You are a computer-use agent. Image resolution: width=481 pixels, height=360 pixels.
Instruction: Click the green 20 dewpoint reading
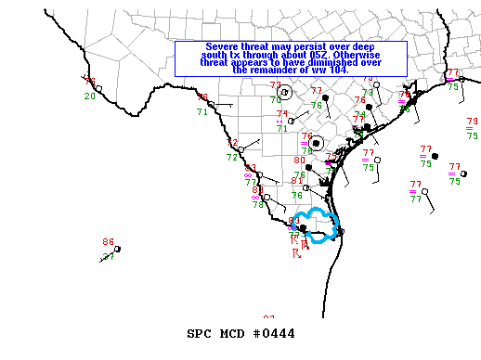[89, 96]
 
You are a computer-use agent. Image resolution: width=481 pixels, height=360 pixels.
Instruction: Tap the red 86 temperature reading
[108, 242]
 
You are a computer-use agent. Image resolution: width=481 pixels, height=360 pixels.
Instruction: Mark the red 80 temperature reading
[299, 161]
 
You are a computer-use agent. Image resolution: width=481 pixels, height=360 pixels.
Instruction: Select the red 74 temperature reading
[281, 114]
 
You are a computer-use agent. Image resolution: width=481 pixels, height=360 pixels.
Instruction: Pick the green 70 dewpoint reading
[276, 99]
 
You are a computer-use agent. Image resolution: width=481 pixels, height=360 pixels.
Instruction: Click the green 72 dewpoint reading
[232, 157]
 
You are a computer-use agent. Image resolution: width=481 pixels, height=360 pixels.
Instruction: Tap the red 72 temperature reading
[232, 143]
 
